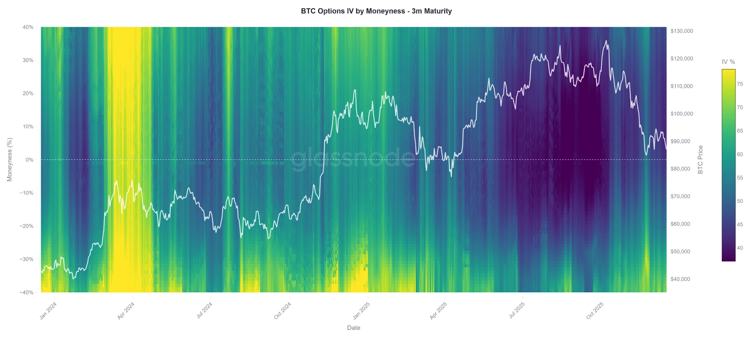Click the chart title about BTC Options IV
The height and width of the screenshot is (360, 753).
pos(376,11)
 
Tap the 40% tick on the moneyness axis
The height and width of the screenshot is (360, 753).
pos(28,27)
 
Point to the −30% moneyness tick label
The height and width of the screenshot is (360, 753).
pos(26,259)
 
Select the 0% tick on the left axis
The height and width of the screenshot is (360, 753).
pos(30,160)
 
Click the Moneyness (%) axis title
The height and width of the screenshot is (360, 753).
pos(9,160)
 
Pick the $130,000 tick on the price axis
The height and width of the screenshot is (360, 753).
pos(681,31)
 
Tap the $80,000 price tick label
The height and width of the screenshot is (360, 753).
pos(680,169)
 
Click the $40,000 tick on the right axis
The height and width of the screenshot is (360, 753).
pos(680,279)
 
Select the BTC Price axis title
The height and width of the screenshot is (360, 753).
pos(700,160)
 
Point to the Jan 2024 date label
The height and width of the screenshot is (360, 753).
pos(48,311)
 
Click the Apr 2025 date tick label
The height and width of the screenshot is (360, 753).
pos(438,311)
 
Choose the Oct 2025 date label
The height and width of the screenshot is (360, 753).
pos(595,311)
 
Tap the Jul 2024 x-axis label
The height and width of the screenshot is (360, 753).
pos(204,311)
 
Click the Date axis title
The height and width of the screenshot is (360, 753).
pos(353,328)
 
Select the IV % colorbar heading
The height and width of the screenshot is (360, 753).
pos(728,62)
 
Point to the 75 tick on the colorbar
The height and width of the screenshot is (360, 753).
pos(740,84)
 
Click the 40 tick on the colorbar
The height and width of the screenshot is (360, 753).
pos(740,248)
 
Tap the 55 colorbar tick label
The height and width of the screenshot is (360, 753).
pos(740,178)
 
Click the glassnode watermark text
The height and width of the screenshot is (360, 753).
pos(353,159)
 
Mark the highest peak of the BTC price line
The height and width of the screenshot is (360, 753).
pos(606,41)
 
